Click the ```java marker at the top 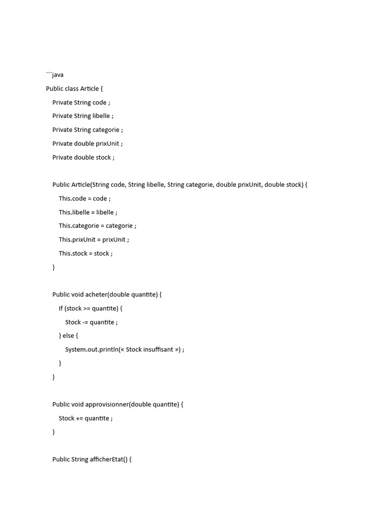tap(55, 75)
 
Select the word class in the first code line tap(72, 89)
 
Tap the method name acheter tap(96, 295)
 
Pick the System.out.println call tap(92, 349)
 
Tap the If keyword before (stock tap(61, 308)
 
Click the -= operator tap(85, 322)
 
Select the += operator tap(79, 418)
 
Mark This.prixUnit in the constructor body tap(77, 240)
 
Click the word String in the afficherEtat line tap(80, 459)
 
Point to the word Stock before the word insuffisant tap(134, 349)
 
